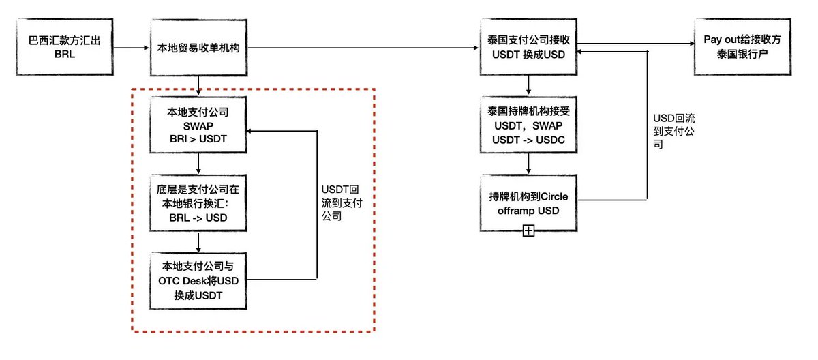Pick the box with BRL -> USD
(x=198, y=202)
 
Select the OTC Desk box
(x=198, y=280)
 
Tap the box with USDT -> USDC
(x=528, y=126)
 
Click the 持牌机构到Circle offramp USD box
(x=528, y=202)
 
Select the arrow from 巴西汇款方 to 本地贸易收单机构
(x=130, y=48)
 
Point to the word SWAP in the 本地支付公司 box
(x=198, y=126)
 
